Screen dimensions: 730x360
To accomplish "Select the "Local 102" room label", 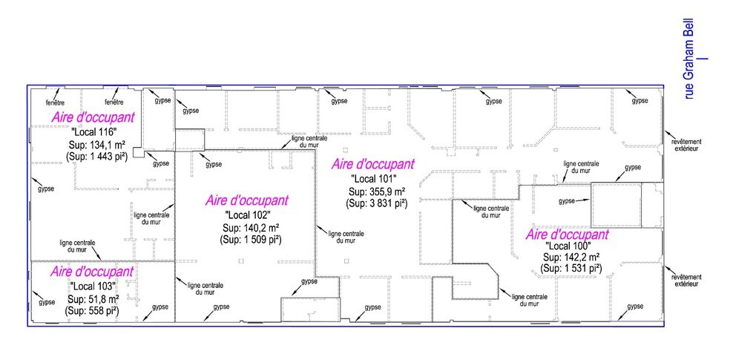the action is point(248,215).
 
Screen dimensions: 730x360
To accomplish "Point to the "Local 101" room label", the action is point(374,178).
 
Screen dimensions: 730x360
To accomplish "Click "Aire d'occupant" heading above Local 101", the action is point(372,164).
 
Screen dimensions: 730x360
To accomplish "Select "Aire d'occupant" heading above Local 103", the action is point(92,271).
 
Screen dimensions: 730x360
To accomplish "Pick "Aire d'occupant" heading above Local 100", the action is point(568,235).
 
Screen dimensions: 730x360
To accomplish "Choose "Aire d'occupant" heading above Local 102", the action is point(247,200).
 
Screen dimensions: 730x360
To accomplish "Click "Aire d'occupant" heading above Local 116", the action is point(93,117).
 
